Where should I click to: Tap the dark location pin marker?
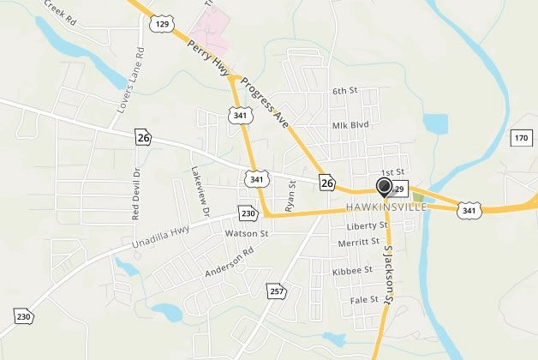point(384,187)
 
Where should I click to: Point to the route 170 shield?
point(521,138)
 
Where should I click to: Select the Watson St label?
point(247,233)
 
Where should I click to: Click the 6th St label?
point(343,91)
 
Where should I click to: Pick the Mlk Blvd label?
point(350,124)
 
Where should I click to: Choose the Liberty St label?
point(368,226)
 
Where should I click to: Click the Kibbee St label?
point(352,270)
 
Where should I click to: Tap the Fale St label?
point(364,300)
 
